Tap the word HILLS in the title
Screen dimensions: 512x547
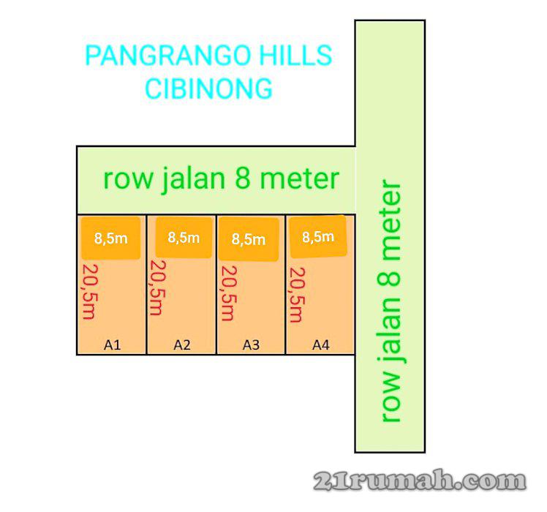296,56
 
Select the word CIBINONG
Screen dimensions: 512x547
209,89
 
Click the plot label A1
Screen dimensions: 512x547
112,345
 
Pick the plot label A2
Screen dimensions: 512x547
182,345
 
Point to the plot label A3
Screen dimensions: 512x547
251,345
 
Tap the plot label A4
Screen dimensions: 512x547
321,345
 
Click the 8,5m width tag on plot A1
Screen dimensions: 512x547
110,238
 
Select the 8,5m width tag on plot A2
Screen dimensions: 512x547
184,237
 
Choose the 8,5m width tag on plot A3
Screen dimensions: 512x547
248,238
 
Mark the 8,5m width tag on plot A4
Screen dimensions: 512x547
318,236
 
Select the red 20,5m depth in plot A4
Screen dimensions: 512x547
297,294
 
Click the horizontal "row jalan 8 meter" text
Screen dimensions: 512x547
221,179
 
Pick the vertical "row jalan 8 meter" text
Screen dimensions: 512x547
391,301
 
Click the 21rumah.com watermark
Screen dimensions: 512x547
420,481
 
